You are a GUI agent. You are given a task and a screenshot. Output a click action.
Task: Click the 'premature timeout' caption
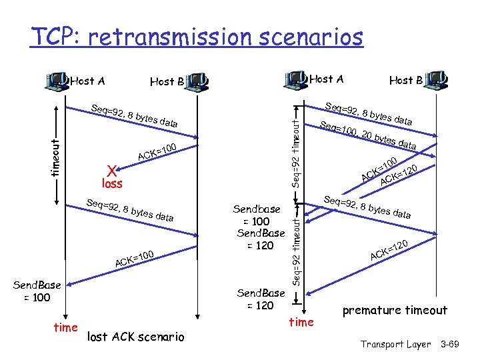(x=395, y=311)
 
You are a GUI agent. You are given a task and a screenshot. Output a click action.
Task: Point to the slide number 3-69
(x=457, y=344)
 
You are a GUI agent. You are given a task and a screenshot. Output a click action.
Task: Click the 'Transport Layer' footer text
(x=395, y=344)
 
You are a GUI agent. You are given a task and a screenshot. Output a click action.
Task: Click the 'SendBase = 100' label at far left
(x=37, y=291)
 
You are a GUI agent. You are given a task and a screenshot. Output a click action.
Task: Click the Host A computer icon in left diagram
(x=55, y=81)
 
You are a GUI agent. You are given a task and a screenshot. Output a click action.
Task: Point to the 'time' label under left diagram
(x=65, y=328)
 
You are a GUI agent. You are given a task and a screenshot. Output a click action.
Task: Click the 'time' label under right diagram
(x=301, y=323)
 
